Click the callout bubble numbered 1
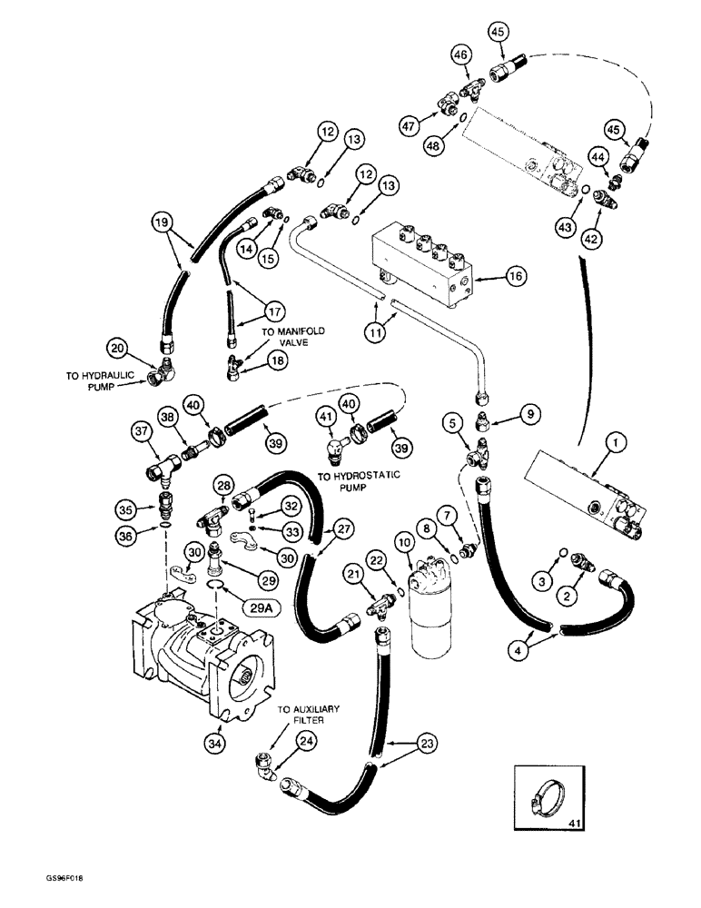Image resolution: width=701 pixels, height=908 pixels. pyautogui.click(x=617, y=443)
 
